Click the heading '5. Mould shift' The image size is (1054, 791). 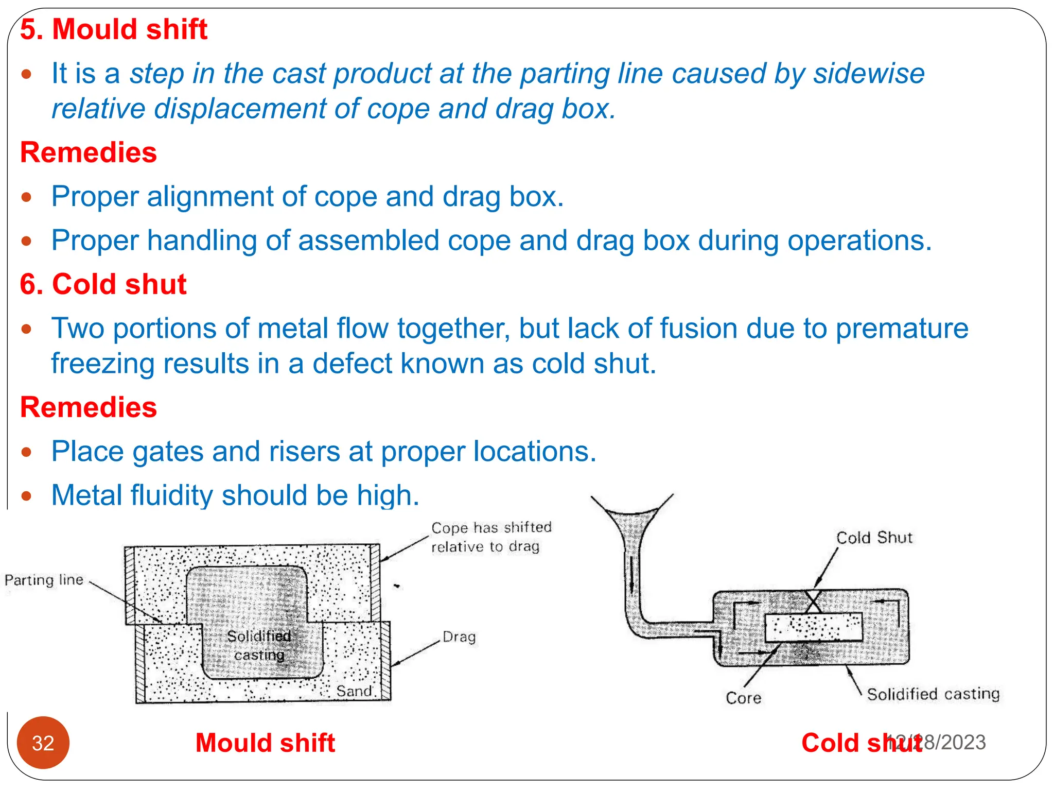tap(113, 29)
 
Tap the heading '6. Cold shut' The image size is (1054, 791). tap(103, 284)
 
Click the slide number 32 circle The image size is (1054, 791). tap(43, 743)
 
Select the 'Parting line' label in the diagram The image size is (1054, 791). tap(44, 580)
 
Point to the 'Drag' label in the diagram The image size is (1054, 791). tap(459, 637)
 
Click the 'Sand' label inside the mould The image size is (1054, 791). tap(354, 691)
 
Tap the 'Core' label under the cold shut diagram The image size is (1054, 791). tap(743, 698)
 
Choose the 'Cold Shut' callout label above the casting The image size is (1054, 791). tap(874, 538)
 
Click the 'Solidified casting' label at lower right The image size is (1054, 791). tap(933, 694)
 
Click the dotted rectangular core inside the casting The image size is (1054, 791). tap(813, 627)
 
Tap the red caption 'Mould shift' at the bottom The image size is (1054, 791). tap(265, 743)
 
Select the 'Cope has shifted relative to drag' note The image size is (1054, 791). tap(490, 537)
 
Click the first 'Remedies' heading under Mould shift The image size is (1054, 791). tap(89, 152)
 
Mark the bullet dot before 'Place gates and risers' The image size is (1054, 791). tap(27, 452)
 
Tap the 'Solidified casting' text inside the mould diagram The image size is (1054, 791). tap(259, 645)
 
